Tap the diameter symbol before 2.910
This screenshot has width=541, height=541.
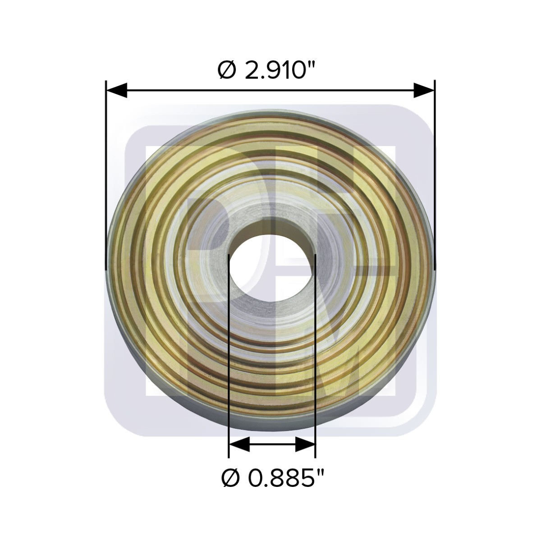[227, 70]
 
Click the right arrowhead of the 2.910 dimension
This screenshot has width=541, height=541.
[424, 91]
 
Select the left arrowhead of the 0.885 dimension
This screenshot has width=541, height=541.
[239, 444]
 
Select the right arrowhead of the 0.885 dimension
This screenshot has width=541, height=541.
[305, 444]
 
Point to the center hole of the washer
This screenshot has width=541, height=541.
[272, 269]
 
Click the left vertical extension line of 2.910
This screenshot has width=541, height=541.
[106, 175]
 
